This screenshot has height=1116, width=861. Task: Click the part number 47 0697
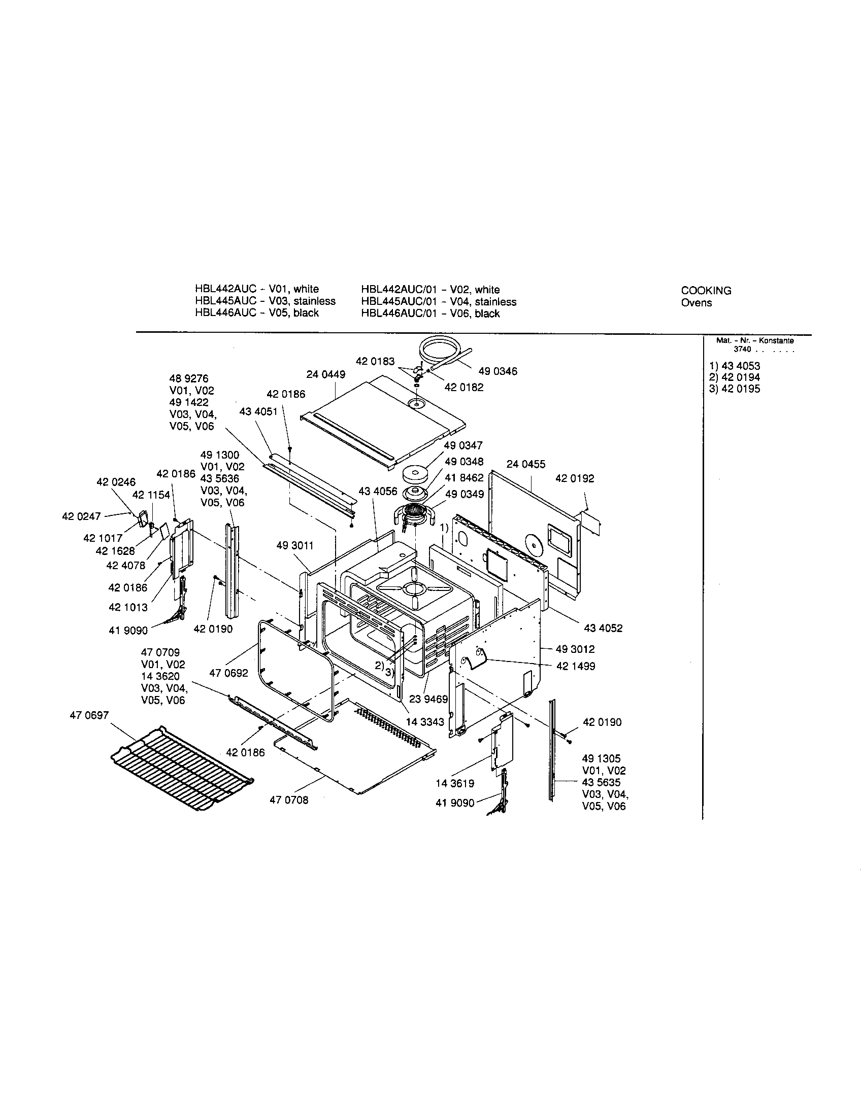coord(89,715)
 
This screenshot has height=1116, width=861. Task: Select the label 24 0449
coord(326,374)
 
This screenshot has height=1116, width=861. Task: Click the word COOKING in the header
coord(706,291)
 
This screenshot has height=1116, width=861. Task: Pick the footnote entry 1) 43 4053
coord(734,366)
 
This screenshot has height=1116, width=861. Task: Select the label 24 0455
coord(525,464)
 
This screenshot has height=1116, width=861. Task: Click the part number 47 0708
coord(289,800)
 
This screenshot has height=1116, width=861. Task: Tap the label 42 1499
coord(576,667)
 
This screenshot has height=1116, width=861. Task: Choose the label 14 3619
coord(454,783)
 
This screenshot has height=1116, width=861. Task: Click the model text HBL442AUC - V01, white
coord(257,289)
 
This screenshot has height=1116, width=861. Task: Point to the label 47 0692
coord(228,673)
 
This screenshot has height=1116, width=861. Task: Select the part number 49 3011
coord(294,546)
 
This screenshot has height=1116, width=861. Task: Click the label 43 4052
coord(603,628)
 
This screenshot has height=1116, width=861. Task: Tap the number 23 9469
coord(428,699)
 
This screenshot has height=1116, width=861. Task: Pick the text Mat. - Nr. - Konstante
coord(755,340)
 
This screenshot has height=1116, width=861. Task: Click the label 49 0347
coord(462,445)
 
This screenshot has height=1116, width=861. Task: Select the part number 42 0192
coord(575,478)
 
